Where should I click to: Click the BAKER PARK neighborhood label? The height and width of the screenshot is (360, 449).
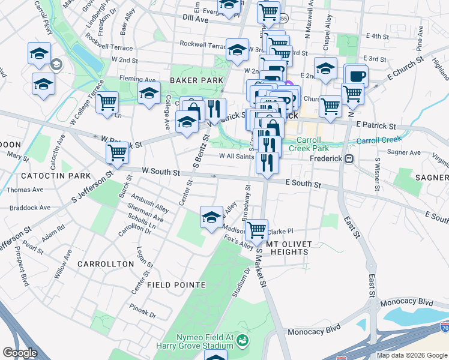196,80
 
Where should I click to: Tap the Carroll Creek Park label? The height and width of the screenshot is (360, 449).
309,143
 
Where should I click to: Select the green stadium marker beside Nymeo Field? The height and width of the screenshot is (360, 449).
243,341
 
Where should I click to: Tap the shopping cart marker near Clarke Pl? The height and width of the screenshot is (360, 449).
257,229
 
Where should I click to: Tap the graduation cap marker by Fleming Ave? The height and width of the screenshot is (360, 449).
149,93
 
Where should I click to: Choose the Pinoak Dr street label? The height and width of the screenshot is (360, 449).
142,311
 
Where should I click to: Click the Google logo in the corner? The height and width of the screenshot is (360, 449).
20,353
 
